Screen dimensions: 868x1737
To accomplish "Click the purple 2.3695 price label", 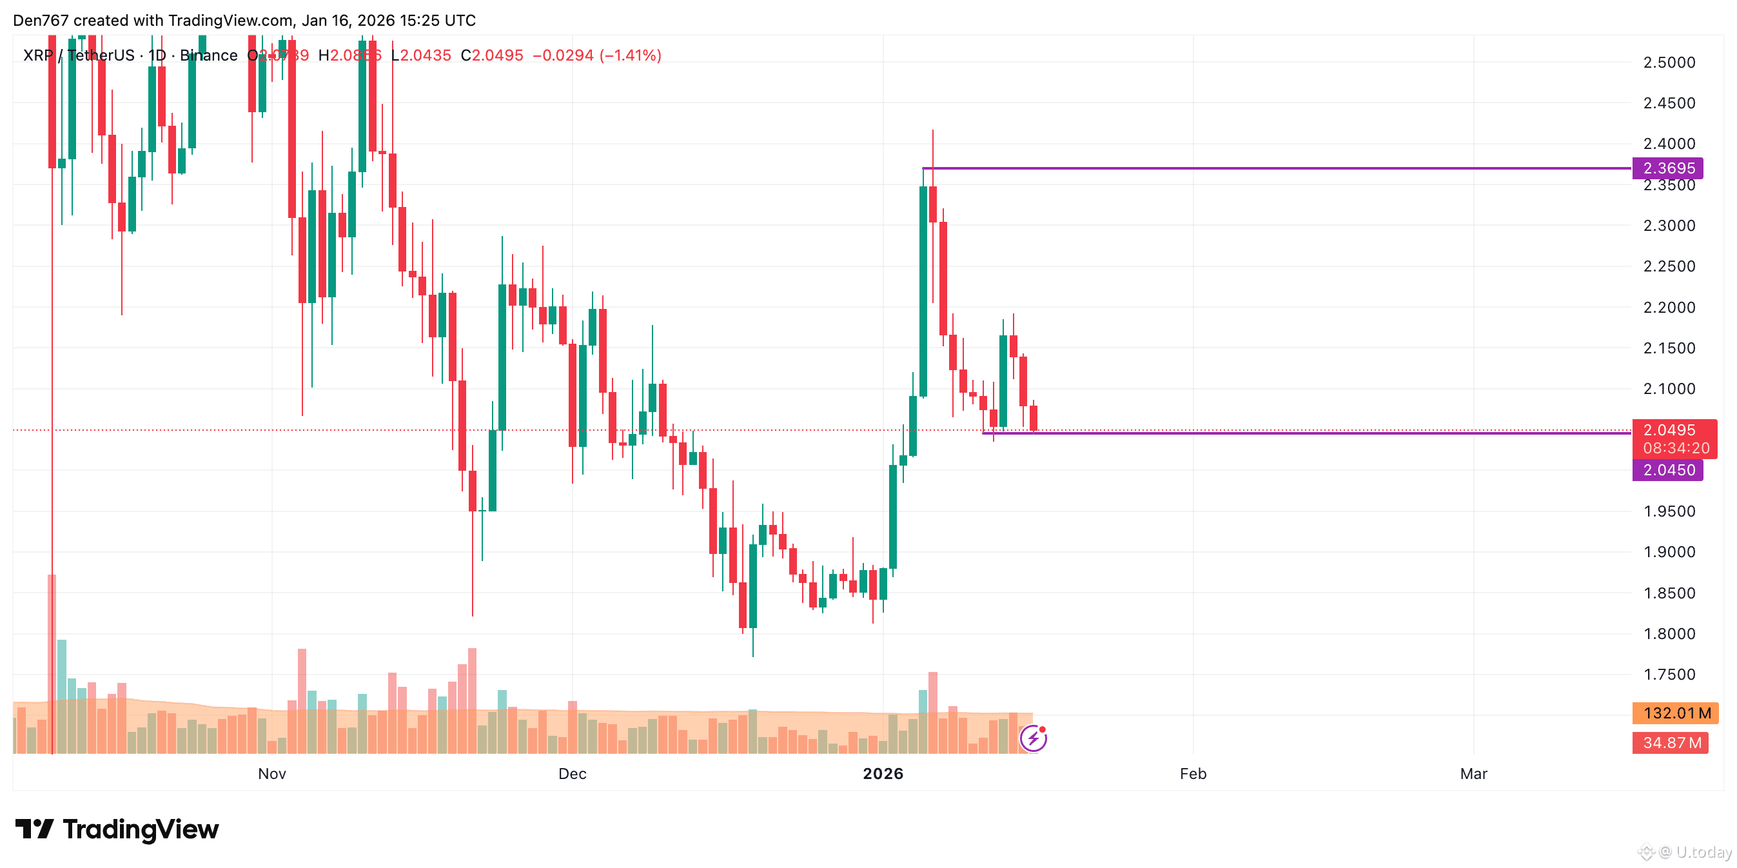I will (1667, 168).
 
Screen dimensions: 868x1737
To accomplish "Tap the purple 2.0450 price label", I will (1667, 470).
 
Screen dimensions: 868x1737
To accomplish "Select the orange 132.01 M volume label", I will (1676, 713).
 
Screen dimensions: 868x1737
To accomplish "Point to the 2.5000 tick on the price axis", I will (1669, 63).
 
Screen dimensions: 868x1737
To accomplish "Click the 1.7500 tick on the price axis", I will (1669, 675).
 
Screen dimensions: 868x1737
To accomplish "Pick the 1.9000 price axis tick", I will (1669, 551).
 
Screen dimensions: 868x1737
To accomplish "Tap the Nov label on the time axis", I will (271, 774).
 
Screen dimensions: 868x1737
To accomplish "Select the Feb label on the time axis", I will (1193, 774).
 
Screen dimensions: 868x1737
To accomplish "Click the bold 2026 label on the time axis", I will (883, 774).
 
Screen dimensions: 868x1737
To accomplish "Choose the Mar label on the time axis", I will (1473, 774).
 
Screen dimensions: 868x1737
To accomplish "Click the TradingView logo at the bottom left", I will (117, 829).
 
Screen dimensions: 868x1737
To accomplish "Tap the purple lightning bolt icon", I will (1033, 738).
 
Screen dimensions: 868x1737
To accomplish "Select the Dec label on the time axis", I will (572, 774).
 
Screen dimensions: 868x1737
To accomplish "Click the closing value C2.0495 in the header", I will (491, 55).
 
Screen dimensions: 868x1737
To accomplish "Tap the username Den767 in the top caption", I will (41, 20).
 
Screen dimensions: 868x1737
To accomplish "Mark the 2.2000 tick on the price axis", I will (1669, 308).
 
